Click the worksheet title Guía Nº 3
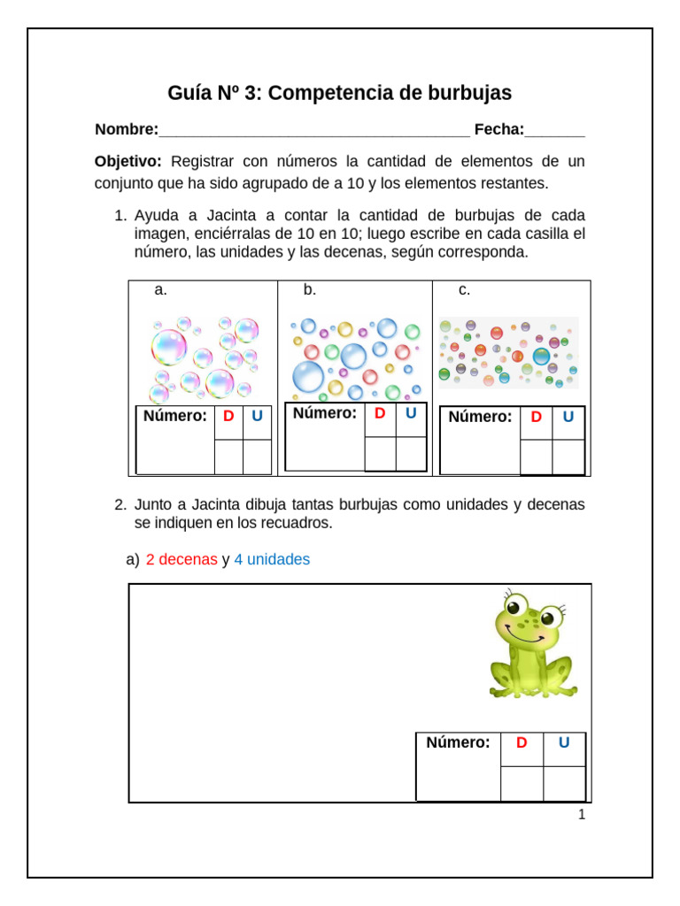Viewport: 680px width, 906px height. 339,93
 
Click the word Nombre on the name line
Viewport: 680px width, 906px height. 126,130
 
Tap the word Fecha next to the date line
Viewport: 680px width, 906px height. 498,130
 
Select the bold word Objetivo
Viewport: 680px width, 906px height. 127,161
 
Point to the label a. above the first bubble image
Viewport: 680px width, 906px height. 160,290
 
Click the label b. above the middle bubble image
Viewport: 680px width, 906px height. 310,290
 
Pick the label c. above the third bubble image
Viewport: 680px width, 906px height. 464,290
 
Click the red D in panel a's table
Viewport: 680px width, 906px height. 228,416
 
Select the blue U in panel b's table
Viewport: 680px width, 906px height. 411,413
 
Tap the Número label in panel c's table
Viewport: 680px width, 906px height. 480,417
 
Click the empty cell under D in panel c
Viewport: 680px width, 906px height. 536,457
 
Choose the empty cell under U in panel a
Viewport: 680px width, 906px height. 257,457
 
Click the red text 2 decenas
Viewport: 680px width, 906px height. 182,560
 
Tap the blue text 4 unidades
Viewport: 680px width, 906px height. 272,560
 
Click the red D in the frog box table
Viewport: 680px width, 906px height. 522,743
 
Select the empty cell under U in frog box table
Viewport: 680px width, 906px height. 564,784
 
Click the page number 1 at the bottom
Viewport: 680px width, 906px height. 582,815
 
